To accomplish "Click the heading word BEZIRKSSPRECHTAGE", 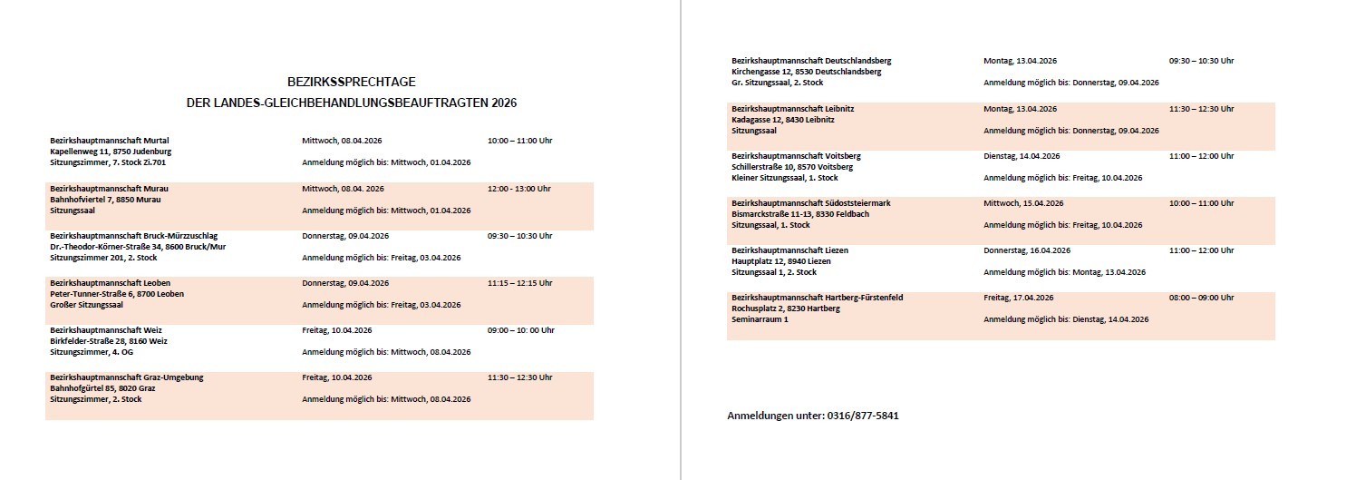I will [352, 82].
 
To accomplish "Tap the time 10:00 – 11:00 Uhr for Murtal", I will [519, 141].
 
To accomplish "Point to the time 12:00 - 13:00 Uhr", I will [518, 189].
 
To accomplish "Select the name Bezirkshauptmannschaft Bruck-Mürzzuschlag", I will [133, 236].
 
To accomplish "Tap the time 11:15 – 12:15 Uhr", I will [519, 283].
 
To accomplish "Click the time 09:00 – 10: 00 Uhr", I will [520, 330].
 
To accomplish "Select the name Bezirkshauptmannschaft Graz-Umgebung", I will [126, 377].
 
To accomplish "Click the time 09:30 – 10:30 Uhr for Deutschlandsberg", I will [1201, 61].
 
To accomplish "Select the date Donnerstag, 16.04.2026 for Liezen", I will [1027, 250].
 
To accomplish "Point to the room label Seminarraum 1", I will [760, 319].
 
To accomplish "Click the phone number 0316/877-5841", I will [862, 416].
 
